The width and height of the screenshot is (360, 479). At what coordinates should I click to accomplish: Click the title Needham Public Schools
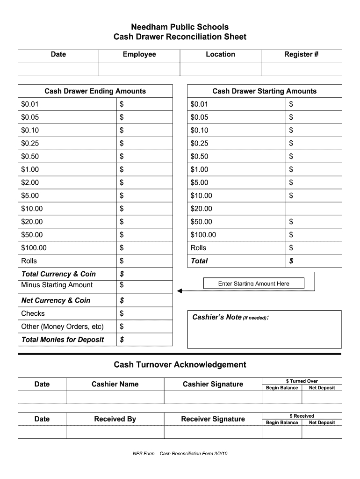click(180, 27)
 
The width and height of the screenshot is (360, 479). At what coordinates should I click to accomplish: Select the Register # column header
click(301, 54)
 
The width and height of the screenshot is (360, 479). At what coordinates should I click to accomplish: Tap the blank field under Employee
click(139, 69)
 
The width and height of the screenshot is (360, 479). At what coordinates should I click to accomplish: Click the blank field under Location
click(220, 69)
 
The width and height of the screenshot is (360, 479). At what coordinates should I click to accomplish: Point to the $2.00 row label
click(30, 182)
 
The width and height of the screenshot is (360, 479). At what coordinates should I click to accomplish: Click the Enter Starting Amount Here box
click(253, 283)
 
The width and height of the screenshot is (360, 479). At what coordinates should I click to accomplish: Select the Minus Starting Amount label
click(57, 285)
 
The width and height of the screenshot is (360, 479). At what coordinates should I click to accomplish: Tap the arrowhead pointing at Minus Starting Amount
click(180, 290)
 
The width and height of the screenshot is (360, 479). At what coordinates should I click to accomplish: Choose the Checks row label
click(33, 313)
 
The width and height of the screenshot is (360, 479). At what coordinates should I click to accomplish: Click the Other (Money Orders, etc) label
click(62, 327)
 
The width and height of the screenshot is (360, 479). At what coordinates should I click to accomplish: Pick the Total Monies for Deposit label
click(63, 340)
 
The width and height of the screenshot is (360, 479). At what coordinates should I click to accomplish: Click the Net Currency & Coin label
click(56, 300)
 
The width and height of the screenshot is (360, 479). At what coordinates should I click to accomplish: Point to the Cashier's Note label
click(217, 317)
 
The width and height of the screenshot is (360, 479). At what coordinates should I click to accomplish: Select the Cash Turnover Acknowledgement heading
click(180, 364)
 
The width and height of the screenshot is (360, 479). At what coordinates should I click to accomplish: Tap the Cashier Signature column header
click(213, 384)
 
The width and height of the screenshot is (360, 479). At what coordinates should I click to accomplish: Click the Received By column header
click(115, 419)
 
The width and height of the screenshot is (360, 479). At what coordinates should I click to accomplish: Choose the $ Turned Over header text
click(302, 381)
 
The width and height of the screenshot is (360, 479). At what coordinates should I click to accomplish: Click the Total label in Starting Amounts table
click(199, 261)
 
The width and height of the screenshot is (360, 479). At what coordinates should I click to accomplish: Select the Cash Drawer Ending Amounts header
click(95, 91)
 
